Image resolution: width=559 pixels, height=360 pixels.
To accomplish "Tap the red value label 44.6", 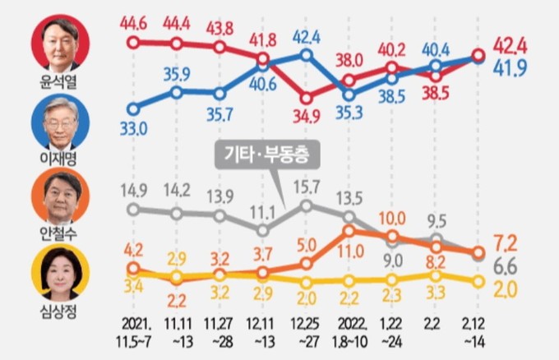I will click(x=135, y=19).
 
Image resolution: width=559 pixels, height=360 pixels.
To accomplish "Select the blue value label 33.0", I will click(x=135, y=128).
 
